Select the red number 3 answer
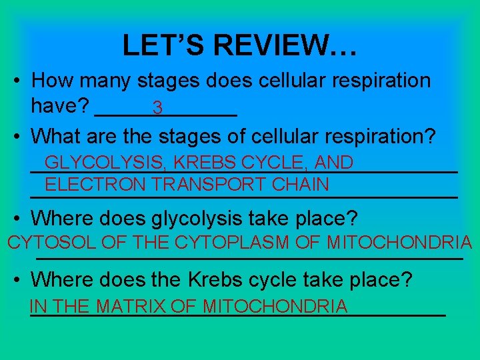[157, 107]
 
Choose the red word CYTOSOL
[52, 243]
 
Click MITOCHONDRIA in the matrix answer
[275, 307]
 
